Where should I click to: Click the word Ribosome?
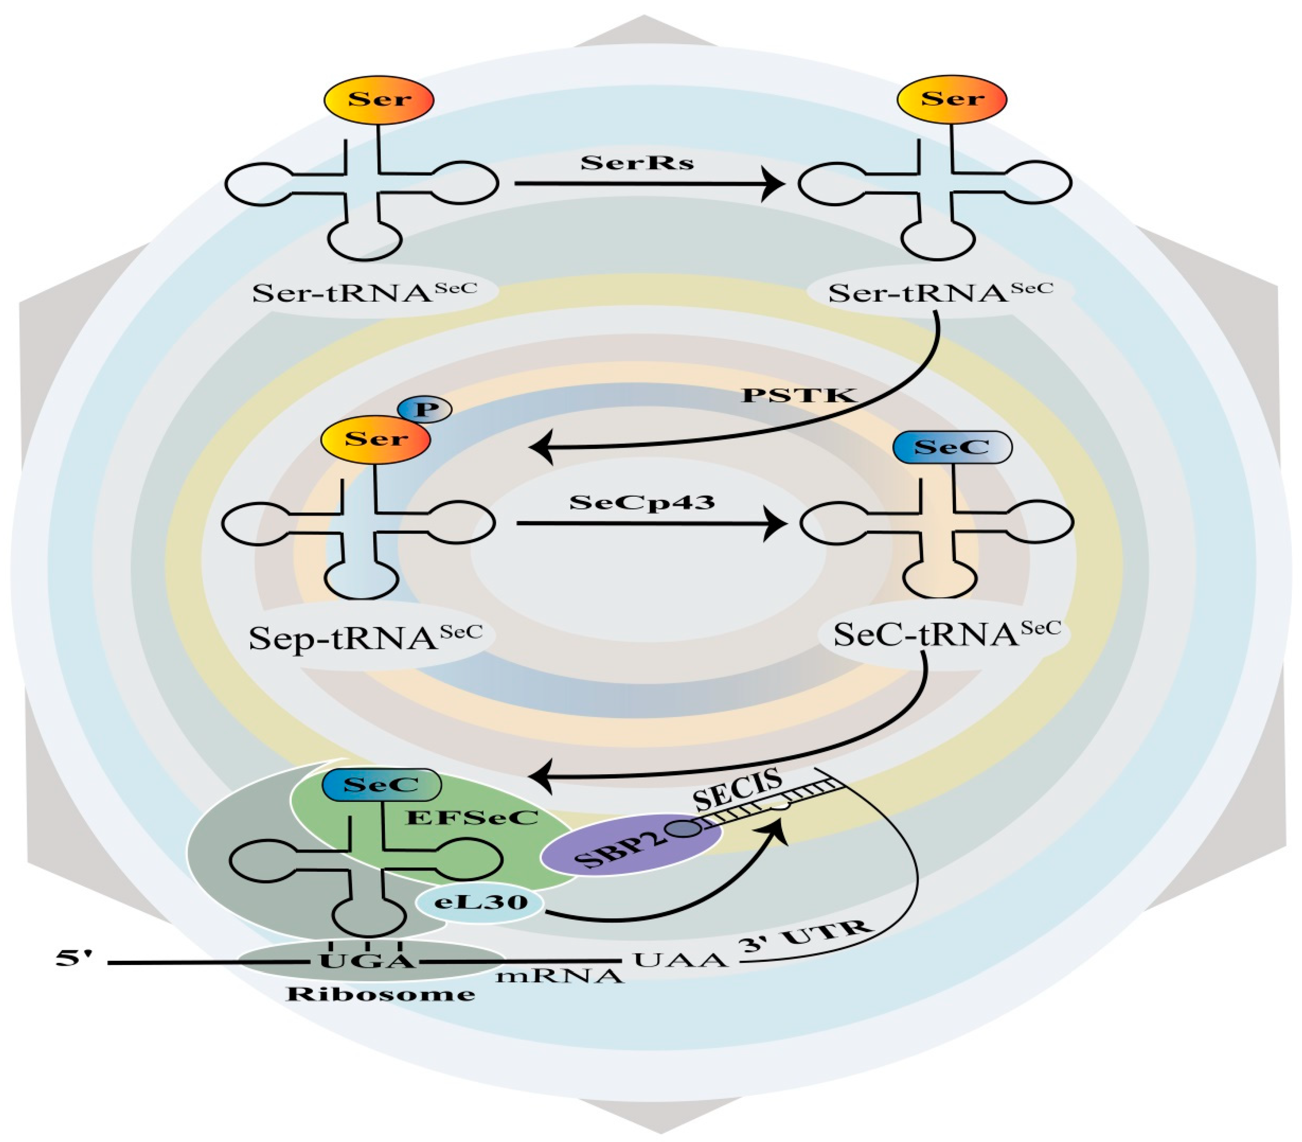pyautogui.click(x=380, y=994)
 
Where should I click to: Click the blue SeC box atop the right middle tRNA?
pyautogui.click(x=952, y=447)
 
